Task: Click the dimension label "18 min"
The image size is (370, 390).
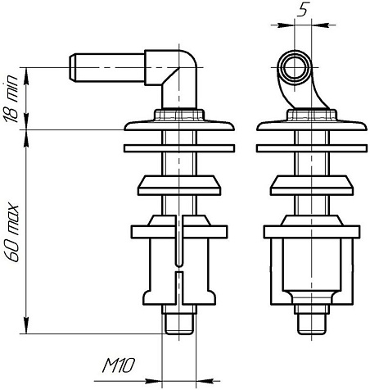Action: click(10, 98)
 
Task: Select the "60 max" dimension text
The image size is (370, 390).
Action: click(11, 232)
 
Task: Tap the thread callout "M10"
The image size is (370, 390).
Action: click(119, 365)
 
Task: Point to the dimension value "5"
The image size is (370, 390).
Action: click(303, 9)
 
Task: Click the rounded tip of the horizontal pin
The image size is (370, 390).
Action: click(72, 67)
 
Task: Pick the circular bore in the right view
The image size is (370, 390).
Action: click(294, 67)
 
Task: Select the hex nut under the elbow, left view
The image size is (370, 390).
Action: click(179, 115)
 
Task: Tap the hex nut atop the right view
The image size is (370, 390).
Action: click(312, 115)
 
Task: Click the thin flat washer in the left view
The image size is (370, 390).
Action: click(179, 148)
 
